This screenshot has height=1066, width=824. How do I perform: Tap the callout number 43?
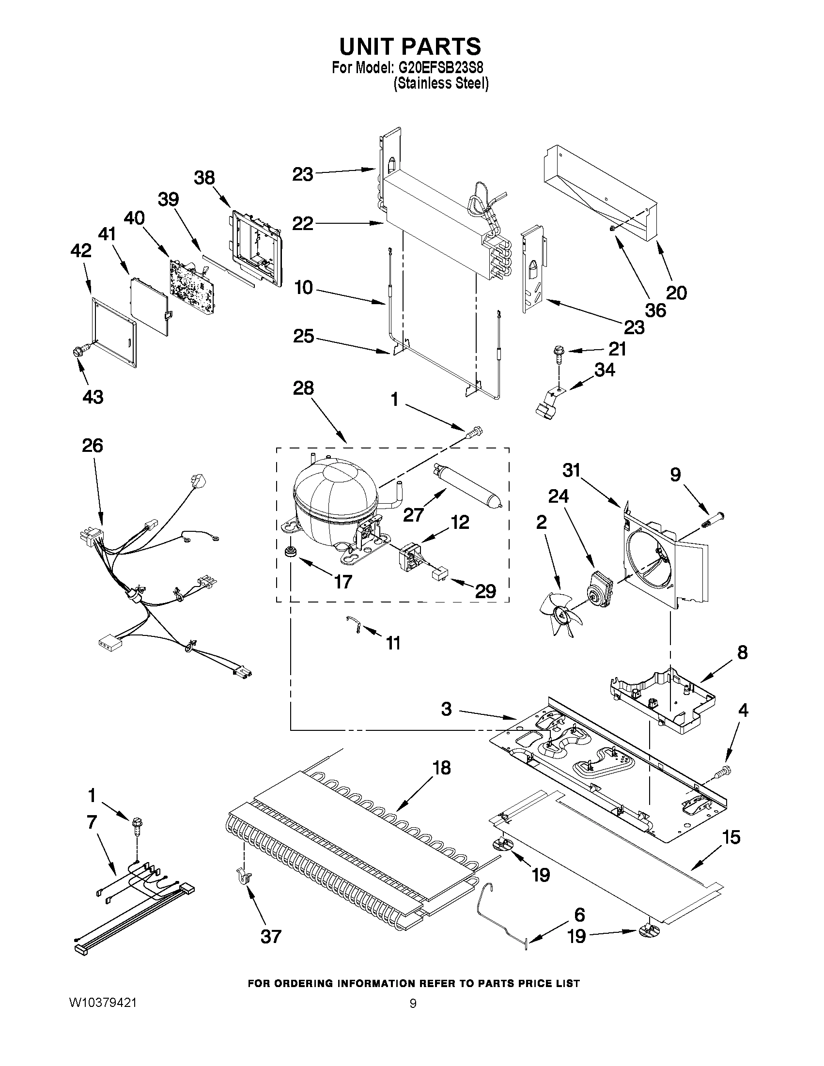[93, 397]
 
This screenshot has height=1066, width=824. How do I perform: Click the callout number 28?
[303, 388]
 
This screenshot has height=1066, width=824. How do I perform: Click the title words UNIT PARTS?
[410, 46]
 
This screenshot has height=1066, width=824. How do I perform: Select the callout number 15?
[731, 837]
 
